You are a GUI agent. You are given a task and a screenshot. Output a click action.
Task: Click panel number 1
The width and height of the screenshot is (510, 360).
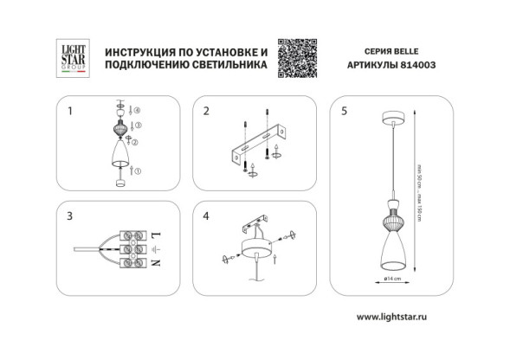point(70,112)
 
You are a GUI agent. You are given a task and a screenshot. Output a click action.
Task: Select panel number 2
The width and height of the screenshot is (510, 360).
point(206,112)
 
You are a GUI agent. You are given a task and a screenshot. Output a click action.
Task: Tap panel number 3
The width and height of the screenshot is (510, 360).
point(70,215)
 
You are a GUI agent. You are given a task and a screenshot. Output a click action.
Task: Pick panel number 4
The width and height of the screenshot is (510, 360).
point(206,215)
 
